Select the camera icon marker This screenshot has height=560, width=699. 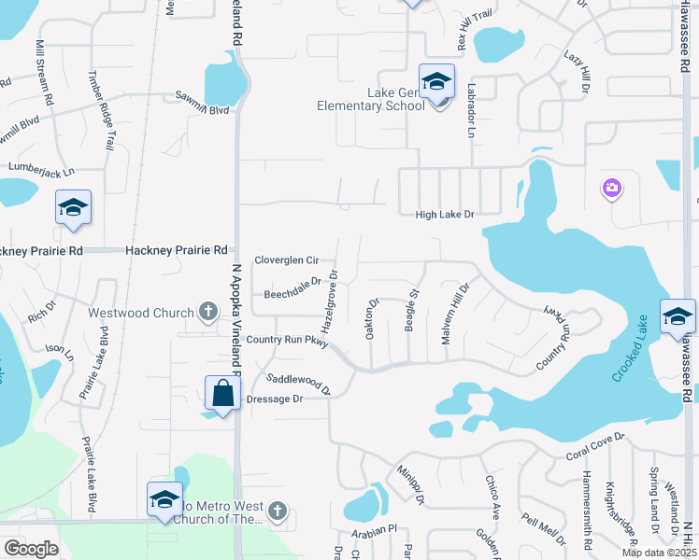[611, 189]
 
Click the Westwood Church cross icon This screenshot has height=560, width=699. [209, 313]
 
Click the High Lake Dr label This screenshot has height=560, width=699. [445, 215]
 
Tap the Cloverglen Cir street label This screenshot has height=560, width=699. [287, 259]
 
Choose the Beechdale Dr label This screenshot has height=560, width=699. [292, 292]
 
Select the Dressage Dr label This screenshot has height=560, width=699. [275, 399]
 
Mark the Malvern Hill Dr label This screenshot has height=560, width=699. [455, 312]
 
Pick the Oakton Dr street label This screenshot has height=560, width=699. [372, 318]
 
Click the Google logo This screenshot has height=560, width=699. [31, 548]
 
